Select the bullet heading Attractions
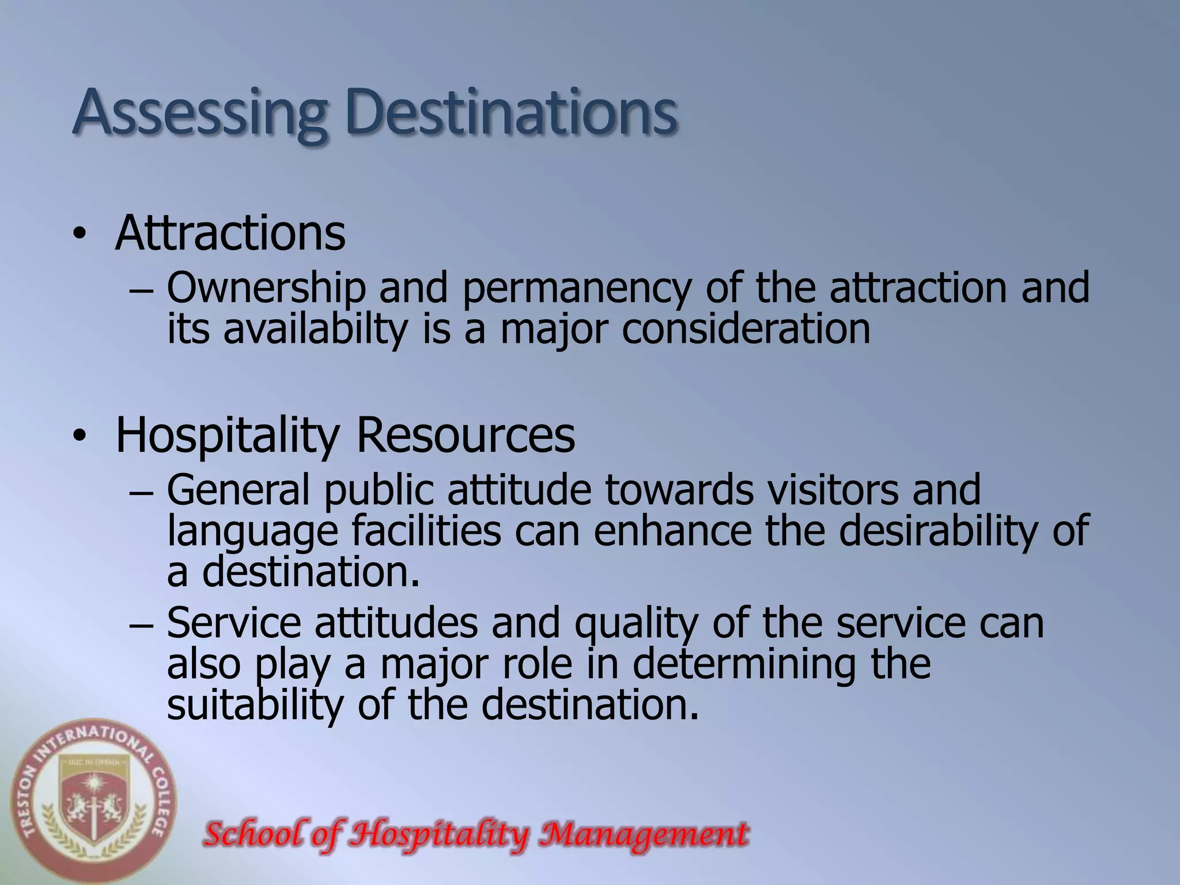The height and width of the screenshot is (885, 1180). point(230,233)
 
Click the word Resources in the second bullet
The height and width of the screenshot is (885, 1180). point(466,436)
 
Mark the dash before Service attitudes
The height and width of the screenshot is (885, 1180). point(141,626)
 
